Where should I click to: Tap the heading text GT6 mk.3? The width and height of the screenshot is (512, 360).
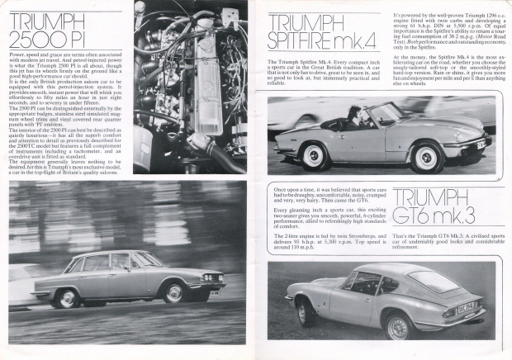pos(431,217)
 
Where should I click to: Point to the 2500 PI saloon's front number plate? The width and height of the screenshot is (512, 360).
pos(216,292)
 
